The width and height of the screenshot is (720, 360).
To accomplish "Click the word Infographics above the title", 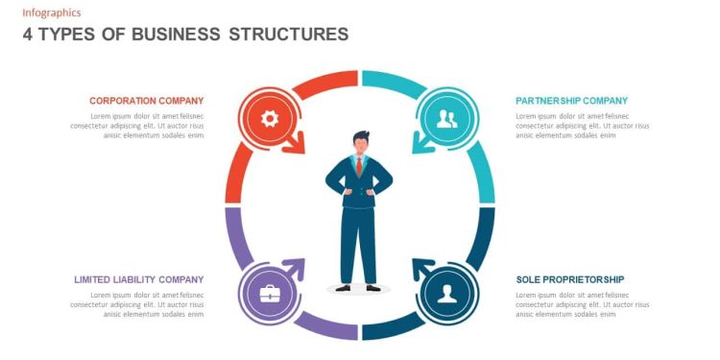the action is pos(52,12).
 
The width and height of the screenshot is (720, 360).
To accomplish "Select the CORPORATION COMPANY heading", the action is pos(146,101).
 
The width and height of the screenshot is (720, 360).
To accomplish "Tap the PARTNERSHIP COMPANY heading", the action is pos(571,101).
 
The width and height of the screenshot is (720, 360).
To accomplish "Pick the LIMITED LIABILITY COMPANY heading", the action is pos(138,279).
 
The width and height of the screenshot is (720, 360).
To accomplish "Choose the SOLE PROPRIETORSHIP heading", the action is pos(570,279).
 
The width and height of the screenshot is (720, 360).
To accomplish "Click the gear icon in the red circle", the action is pos(270,119).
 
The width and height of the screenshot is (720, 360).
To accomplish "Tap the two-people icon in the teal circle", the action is pos(446,119).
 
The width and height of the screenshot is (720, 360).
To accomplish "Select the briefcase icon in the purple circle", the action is pos(270,294).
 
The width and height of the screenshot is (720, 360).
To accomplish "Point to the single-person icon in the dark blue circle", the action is pos(446,294).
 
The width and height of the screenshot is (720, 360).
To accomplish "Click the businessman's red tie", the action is pos(359,166).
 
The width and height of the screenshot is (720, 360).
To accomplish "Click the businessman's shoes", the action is pos(360,286).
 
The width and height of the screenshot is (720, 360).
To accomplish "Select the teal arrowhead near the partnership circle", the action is pos(420,145).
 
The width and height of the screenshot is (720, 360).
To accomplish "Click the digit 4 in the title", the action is pos(28,35).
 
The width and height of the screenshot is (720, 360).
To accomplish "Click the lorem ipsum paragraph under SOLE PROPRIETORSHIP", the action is pos(582,304).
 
